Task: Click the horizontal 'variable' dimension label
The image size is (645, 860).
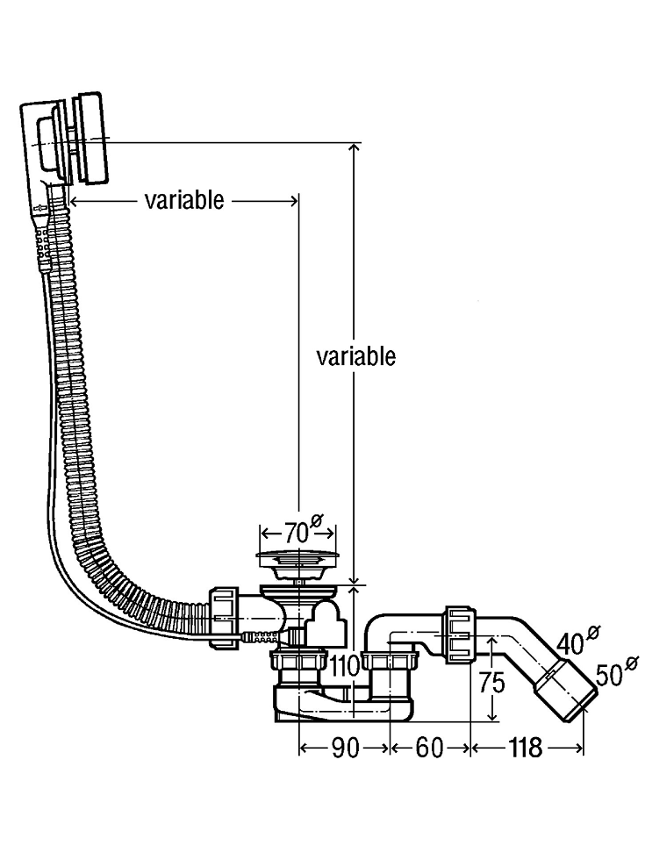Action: point(184,201)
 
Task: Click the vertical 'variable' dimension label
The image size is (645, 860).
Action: point(356,356)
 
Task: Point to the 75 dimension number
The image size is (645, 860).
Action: point(491,683)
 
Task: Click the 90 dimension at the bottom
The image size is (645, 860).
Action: point(346,748)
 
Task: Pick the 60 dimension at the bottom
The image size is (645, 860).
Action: point(429,748)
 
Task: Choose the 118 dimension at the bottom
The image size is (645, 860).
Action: point(525,748)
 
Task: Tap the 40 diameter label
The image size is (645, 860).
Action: point(578,641)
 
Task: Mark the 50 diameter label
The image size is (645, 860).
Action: point(616,672)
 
